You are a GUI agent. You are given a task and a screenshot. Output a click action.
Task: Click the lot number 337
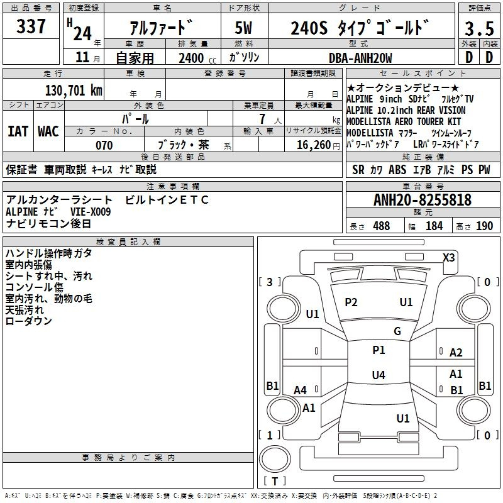[31, 27]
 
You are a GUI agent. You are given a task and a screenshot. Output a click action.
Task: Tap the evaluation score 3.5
[478, 29]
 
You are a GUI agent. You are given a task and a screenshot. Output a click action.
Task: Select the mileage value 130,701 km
[74, 90]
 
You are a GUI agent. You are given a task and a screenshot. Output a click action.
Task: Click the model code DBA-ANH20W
[360, 58]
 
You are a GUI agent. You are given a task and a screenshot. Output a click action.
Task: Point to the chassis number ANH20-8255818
[423, 200]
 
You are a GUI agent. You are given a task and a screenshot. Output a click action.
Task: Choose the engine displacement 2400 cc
[191, 58]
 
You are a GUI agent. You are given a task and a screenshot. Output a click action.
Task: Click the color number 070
[104, 145]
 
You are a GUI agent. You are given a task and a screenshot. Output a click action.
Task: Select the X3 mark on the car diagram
[449, 257]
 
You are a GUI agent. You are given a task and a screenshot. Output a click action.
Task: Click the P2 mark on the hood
[351, 302]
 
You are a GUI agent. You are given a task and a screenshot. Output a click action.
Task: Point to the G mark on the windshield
[397, 331]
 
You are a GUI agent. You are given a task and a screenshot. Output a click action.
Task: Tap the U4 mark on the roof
[378, 375]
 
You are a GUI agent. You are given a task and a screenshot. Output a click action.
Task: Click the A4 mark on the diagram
[301, 390]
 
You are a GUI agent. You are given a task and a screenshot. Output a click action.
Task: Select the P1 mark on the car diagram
[379, 350]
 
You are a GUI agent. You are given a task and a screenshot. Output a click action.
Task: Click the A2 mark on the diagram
[456, 353]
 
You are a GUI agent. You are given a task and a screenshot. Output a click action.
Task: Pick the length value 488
[381, 226]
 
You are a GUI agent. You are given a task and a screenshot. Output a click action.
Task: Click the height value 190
[485, 226]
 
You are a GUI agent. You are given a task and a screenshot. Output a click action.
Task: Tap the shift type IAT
[18, 131]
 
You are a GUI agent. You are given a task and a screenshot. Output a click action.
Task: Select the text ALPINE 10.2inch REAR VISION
[406, 110]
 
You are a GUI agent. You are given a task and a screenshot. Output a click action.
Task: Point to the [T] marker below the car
[274, 481]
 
